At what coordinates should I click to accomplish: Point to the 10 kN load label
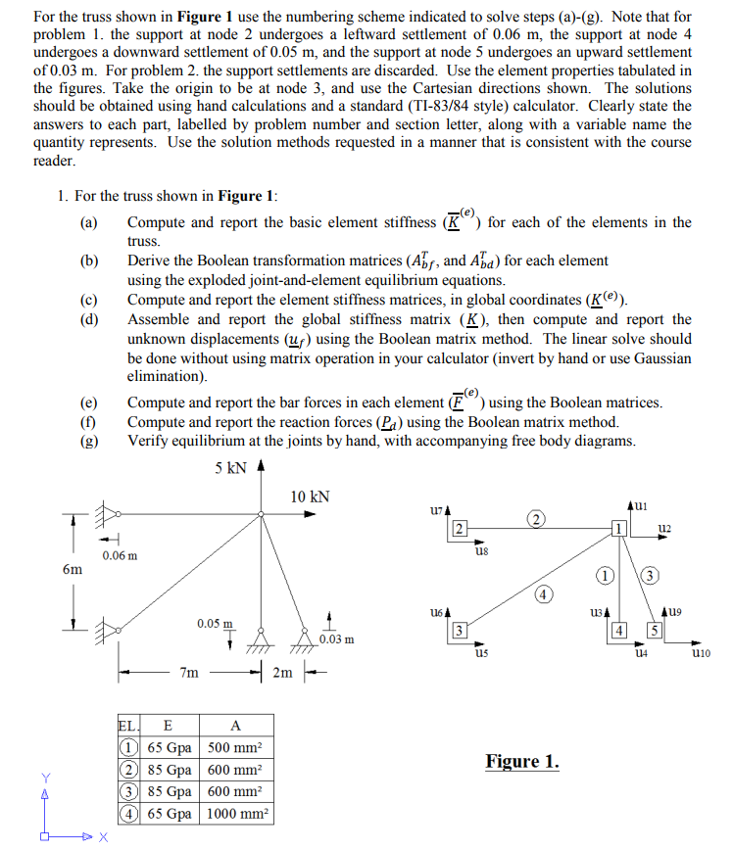311,496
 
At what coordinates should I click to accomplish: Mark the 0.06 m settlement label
120,555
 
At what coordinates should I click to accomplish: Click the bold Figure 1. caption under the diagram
522,761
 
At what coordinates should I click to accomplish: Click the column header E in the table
168,726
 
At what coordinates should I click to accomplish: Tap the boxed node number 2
459,530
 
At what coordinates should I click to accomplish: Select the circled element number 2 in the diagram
535,516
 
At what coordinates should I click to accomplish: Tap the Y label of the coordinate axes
44,778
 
